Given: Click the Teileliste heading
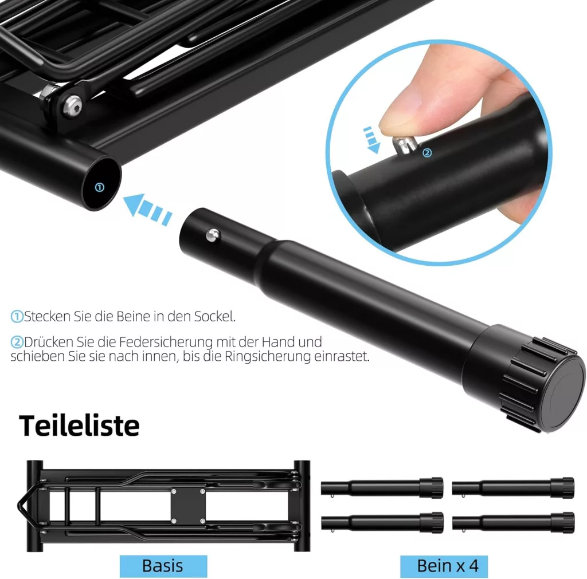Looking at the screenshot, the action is pos(79,426).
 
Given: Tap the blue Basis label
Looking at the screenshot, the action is pos(163,566).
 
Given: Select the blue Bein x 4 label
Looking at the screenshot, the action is pos(444,566).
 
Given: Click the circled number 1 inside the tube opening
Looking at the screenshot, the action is pos(99,187).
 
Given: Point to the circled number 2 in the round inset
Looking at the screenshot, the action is pos(427,152).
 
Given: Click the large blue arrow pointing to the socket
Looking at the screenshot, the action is pos(147,210).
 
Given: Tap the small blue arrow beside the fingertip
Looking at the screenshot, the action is pos(371,140).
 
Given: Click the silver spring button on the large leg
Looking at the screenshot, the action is pos(213,235).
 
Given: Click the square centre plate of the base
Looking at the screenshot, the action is pos(188,506).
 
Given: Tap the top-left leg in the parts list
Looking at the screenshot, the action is pos(382,488).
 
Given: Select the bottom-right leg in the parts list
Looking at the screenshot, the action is pos(513,522).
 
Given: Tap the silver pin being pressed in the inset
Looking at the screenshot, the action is pos(403,144).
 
